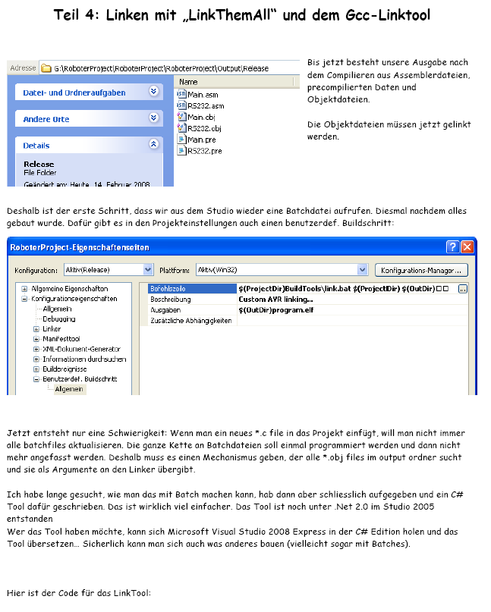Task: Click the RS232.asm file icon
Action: pos(181,106)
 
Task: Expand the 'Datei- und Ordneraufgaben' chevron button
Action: pos(154,92)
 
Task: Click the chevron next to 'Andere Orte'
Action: pos(154,118)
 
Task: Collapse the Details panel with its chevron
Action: pos(154,144)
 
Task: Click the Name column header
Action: pos(189,82)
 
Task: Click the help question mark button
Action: pos(452,247)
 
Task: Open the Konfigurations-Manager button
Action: pos(421,270)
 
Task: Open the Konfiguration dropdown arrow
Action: pos(148,270)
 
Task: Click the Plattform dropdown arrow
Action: pos(362,270)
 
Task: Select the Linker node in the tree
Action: pos(52,329)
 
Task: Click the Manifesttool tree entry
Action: pos(61,339)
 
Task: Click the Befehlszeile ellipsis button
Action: pos(463,289)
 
